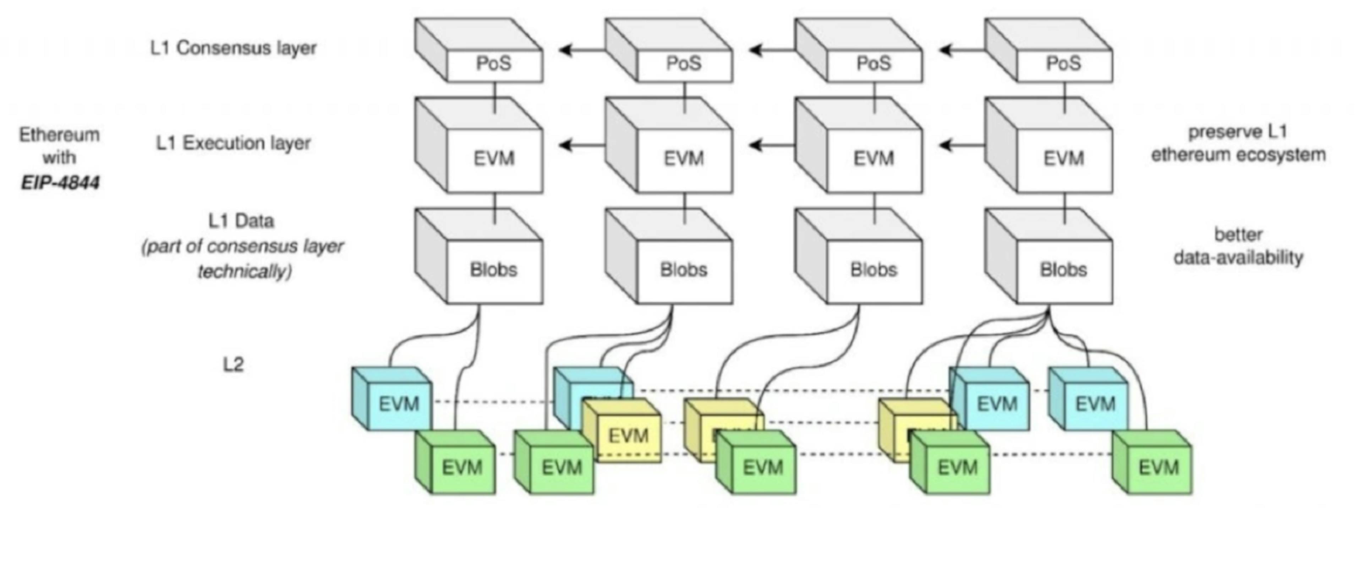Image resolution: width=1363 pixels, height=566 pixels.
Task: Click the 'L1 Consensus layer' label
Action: (233, 48)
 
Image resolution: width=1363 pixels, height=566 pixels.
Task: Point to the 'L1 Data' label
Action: (241, 221)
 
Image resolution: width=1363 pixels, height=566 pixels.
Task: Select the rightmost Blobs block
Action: (1063, 270)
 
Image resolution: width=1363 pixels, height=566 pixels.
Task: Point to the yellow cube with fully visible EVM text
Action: (628, 436)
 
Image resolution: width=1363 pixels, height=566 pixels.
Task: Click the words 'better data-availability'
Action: (1238, 246)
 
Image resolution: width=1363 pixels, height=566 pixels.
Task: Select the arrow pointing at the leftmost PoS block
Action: (581, 50)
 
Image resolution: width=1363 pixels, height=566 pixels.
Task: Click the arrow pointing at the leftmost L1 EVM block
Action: (581, 145)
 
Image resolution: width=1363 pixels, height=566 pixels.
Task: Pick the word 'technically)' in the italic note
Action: (245, 272)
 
